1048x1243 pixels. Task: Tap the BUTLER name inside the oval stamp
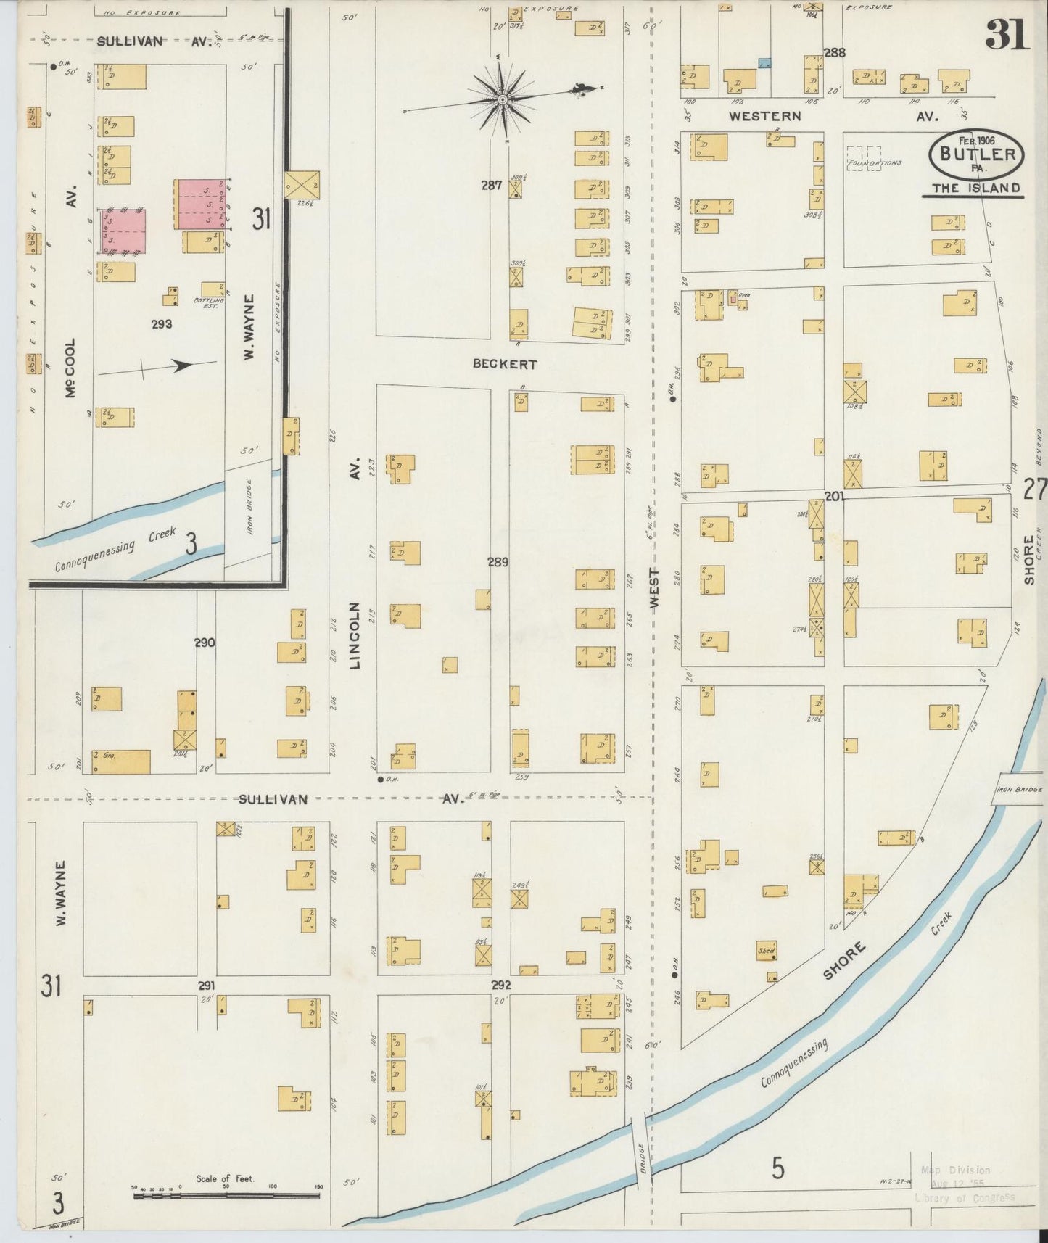point(977,154)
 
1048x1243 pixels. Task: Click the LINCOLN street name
point(355,635)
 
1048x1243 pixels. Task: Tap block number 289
point(498,562)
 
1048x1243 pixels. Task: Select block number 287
point(492,186)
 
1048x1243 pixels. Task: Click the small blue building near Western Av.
point(764,63)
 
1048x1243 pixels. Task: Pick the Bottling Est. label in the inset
point(205,303)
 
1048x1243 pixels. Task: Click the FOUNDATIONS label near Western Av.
point(874,163)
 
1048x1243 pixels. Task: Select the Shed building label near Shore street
point(766,950)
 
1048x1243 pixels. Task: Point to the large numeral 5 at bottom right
point(777,1168)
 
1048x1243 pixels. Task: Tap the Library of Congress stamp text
point(965,1198)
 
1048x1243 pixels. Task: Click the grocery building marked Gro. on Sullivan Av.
point(120,761)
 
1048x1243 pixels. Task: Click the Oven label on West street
point(743,294)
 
